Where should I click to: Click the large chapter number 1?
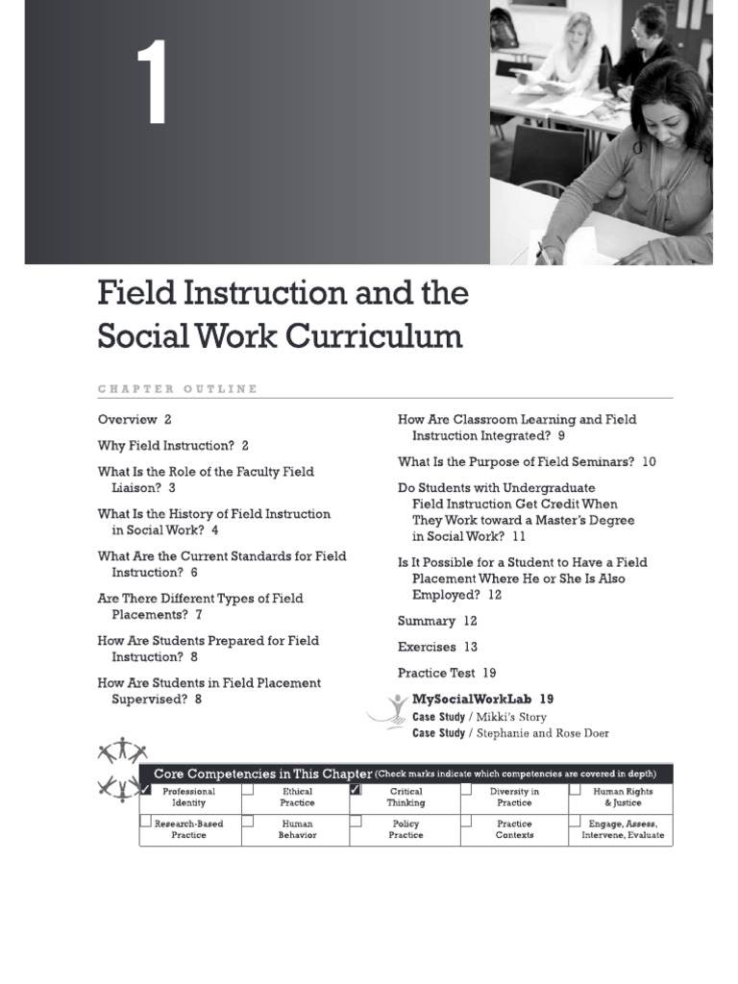152,85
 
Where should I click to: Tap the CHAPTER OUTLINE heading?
178,389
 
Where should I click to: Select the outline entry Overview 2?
135,419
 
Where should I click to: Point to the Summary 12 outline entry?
437,621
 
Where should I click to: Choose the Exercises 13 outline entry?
437,647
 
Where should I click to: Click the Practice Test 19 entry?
447,673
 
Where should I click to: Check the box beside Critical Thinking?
356,790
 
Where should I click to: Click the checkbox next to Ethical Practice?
248,790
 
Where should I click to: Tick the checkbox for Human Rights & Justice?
575,790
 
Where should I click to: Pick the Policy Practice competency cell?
406,829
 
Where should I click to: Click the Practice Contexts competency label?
515,829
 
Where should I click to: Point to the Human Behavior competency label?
297,829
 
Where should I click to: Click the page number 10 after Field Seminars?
649,461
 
